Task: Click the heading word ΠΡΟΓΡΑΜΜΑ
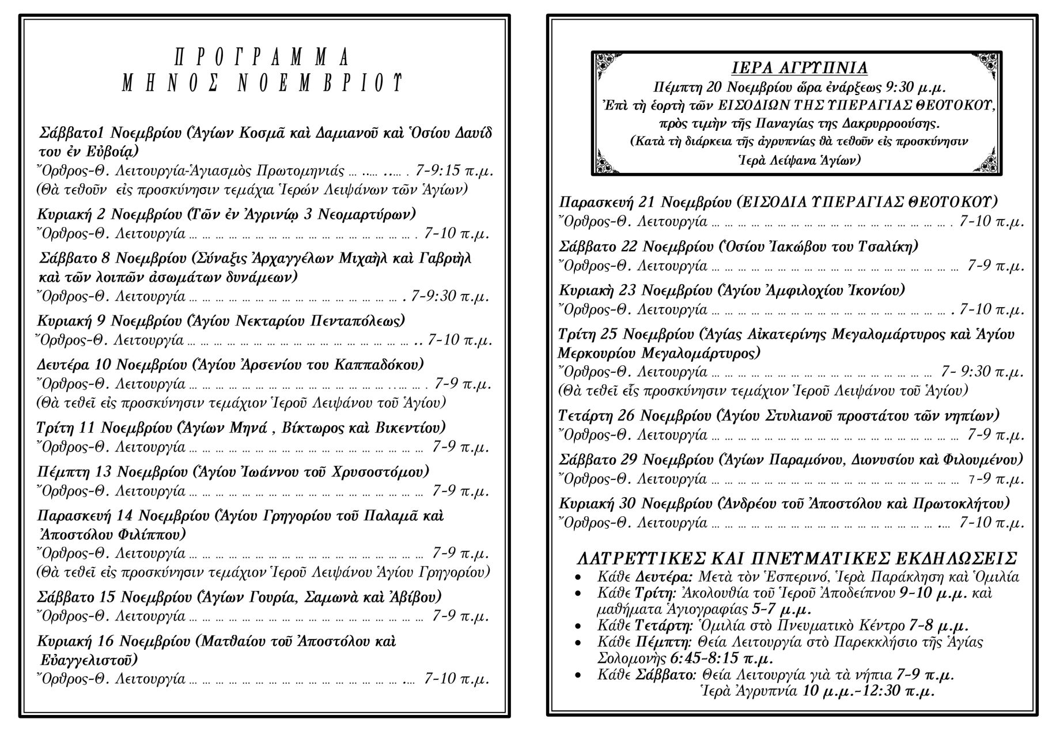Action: [x=262, y=58]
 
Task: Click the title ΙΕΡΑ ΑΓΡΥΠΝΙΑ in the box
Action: [x=799, y=68]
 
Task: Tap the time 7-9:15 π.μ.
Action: [x=453, y=171]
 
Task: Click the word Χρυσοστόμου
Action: [x=380, y=472]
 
